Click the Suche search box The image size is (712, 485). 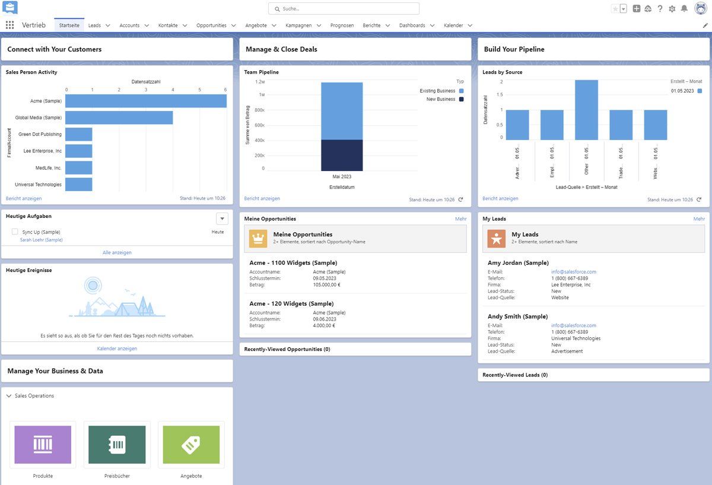coord(344,9)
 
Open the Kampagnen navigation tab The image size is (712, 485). coord(298,26)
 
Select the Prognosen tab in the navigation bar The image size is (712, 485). coord(342,26)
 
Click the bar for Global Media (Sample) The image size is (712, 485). coord(119,118)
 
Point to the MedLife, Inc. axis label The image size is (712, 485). coord(49,168)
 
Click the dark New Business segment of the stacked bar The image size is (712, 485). coord(342,155)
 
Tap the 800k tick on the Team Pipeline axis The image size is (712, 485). coord(259,110)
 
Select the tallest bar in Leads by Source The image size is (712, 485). coord(586,110)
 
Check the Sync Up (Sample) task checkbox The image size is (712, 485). coord(15,232)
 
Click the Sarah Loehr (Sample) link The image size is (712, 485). coord(41,240)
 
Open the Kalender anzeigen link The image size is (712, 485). coord(117,348)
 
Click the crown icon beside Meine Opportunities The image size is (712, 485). coord(258,239)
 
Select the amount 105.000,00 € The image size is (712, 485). coord(326,284)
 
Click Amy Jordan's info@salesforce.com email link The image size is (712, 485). coord(573,272)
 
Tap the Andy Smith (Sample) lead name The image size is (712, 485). coord(517,316)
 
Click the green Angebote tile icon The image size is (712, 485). coord(191,445)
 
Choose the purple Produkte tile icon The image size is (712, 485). coord(43,445)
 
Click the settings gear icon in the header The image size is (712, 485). coord(672,9)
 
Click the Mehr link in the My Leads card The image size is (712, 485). coord(699,219)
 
